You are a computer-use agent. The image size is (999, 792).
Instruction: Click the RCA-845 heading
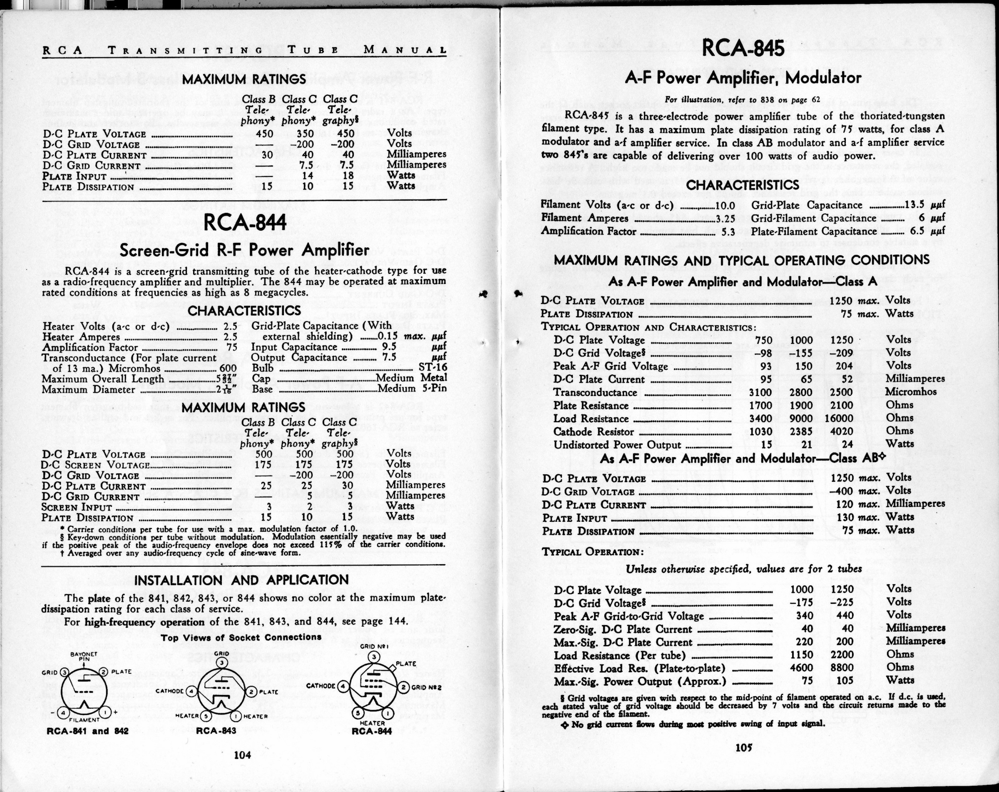click(x=743, y=48)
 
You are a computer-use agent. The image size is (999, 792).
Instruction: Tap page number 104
click(x=242, y=755)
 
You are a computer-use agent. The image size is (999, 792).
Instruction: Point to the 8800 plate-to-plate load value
click(x=842, y=669)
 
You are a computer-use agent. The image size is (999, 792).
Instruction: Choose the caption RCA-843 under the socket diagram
click(x=216, y=731)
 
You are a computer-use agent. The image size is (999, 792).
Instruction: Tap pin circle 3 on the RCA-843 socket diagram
click(x=222, y=662)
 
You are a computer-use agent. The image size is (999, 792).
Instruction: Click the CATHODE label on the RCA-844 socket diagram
click(x=321, y=685)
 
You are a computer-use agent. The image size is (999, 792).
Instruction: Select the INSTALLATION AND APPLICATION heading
click(x=241, y=580)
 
